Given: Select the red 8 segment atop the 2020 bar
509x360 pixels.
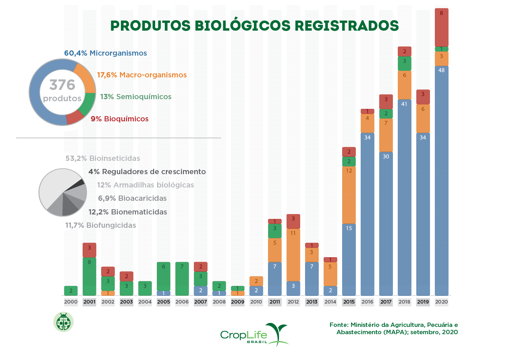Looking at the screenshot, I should click(x=441, y=27).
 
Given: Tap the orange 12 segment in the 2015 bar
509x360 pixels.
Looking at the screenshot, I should click(x=349, y=195).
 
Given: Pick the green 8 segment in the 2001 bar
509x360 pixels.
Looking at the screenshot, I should click(x=89, y=276).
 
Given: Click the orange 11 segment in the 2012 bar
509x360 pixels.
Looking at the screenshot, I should click(x=293, y=255).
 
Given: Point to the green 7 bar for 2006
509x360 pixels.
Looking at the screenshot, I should click(x=182, y=279).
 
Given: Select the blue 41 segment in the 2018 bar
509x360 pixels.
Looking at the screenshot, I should click(x=404, y=198).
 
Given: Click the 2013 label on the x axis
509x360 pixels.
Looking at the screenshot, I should click(x=312, y=302).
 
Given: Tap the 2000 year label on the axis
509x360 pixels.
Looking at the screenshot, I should click(x=71, y=302).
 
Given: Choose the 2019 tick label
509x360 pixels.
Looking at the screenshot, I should click(x=423, y=302).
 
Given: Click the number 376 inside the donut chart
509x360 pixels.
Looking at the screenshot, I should click(x=62, y=85).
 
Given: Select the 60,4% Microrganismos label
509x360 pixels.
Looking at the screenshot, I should click(x=105, y=53).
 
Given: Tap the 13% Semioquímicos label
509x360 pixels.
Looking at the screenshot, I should click(x=136, y=97).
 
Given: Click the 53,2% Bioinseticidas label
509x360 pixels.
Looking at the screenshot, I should click(x=103, y=158).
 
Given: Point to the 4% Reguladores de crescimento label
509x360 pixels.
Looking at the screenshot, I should click(x=147, y=172).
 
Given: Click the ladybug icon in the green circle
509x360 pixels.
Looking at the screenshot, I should click(x=63, y=322).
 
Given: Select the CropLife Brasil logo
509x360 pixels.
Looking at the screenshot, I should click(x=254, y=334).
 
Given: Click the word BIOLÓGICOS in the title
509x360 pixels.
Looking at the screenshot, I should click(x=242, y=25).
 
